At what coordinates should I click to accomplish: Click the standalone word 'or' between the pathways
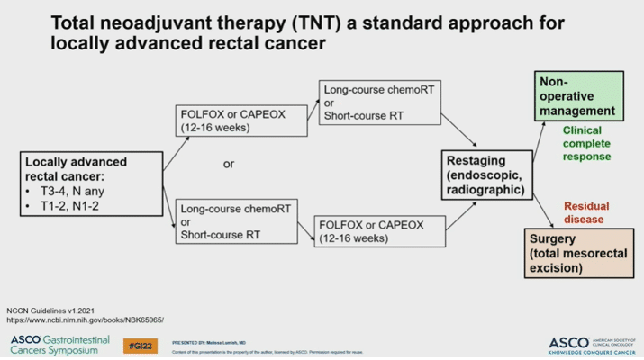[x=229, y=165]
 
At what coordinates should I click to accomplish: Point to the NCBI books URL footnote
[x=86, y=319]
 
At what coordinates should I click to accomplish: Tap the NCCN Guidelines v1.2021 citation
[x=57, y=310]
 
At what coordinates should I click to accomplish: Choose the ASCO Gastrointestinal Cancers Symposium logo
[x=59, y=344]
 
